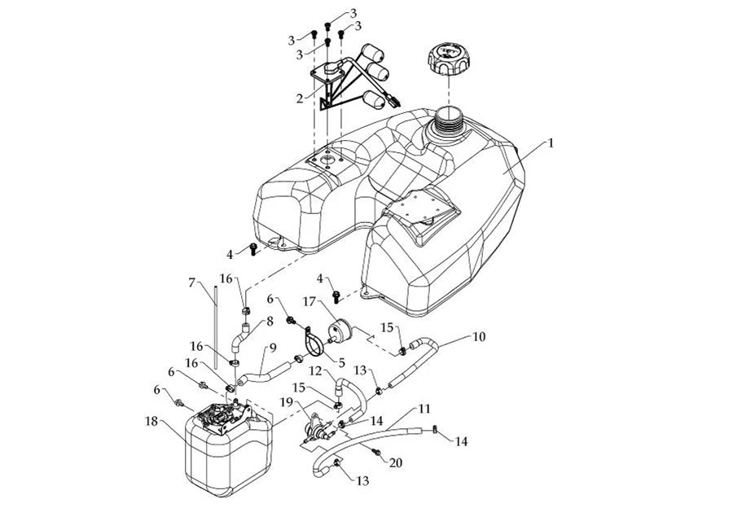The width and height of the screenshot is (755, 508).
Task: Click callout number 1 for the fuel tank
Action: [x=551, y=142]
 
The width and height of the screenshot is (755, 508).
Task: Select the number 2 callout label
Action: [x=300, y=99]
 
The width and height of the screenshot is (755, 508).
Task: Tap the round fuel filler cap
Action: [x=448, y=61]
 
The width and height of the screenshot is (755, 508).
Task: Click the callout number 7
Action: [x=192, y=283]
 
